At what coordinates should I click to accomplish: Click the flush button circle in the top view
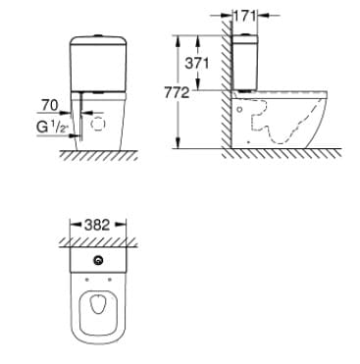tap(98, 261)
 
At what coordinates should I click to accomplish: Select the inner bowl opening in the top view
tap(98, 313)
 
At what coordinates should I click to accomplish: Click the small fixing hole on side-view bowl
tap(240, 111)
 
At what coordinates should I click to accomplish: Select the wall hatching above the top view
tap(98, 239)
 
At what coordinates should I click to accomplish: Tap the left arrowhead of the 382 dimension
tap(69, 225)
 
